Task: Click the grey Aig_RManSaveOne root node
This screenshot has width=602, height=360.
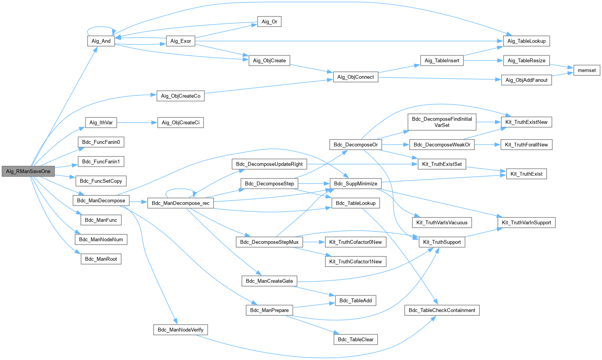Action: [28, 171]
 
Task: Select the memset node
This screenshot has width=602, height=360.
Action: [587, 70]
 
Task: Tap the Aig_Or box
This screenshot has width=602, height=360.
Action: [269, 22]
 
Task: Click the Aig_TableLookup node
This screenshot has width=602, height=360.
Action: [526, 41]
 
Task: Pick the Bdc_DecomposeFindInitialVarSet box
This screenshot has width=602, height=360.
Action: [442, 122]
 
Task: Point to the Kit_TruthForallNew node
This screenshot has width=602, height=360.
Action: [526, 145]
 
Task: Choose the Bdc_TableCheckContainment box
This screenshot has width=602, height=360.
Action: [442, 310]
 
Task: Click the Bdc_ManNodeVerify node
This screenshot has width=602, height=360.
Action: [180, 330]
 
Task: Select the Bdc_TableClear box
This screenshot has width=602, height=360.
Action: [355, 339]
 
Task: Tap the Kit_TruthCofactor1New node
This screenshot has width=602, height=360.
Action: [355, 262]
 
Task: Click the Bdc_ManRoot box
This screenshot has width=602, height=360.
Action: [101, 259]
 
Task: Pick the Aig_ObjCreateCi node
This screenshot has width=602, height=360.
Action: [180, 123]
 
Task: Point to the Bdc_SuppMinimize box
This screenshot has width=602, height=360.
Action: [355, 183]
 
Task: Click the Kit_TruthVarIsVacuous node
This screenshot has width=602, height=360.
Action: [442, 222]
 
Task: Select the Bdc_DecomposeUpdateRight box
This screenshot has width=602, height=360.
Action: [269, 164]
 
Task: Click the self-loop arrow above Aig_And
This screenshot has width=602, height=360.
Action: [101, 27]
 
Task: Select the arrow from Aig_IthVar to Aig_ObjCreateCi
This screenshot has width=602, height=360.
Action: [137, 123]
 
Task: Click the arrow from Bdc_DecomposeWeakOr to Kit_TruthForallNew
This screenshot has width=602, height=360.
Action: [487, 145]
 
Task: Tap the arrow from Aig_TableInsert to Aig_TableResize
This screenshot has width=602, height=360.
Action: [483, 60]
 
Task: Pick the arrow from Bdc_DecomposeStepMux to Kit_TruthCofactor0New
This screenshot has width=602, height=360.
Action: [314, 242]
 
